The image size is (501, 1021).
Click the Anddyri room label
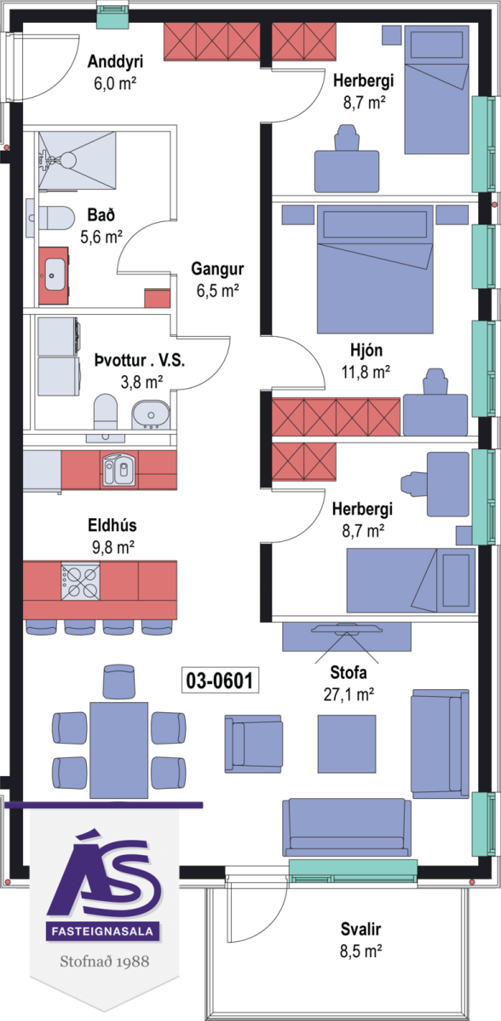click(x=115, y=61)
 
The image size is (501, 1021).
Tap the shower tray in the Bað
click(x=78, y=160)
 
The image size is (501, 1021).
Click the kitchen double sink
click(x=118, y=470)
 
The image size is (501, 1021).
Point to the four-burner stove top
click(x=81, y=581)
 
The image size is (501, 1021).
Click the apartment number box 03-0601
click(x=220, y=680)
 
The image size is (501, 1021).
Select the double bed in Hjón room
click(x=375, y=269)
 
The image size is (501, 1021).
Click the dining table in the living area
click(x=118, y=750)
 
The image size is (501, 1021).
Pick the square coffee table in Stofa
click(x=347, y=744)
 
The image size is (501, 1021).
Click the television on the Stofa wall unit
click(x=347, y=629)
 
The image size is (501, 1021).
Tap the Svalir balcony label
click(x=360, y=928)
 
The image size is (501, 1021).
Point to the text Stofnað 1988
click(x=105, y=961)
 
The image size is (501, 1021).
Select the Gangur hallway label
click(x=217, y=269)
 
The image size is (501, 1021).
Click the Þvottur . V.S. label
click(x=140, y=360)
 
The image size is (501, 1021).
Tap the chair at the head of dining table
click(x=118, y=682)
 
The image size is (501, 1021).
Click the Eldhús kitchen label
click(x=112, y=525)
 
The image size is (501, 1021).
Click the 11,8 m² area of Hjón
click(x=366, y=372)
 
